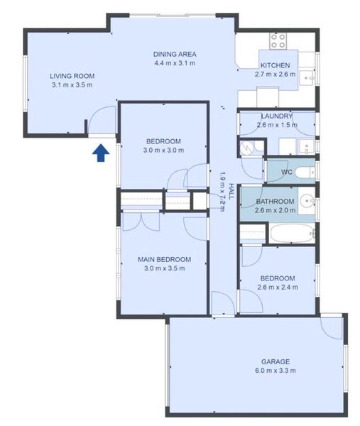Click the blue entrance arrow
pyautogui.click(x=101, y=153)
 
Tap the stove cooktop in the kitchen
pyautogui.click(x=278, y=41)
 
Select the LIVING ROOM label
pyautogui.click(x=72, y=76)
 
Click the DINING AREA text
pyautogui.click(x=175, y=55)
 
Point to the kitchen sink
pyautogui.click(x=307, y=78)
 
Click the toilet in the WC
pyautogui.click(x=305, y=173)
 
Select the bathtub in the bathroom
pyautogui.click(x=293, y=234)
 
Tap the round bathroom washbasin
pyautogui.click(x=307, y=201)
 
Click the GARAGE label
pyautogui.click(x=276, y=361)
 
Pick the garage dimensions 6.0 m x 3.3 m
pyautogui.click(x=276, y=371)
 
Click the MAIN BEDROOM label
pyautogui.click(x=164, y=259)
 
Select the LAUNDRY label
pyautogui.click(x=277, y=116)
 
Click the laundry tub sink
pyautogui.click(x=307, y=147)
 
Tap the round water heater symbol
pyautogui.click(x=247, y=148)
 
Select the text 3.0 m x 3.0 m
pyautogui.click(x=163, y=151)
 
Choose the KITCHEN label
pyautogui.click(x=276, y=65)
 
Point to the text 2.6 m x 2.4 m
pyautogui.click(x=278, y=287)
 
